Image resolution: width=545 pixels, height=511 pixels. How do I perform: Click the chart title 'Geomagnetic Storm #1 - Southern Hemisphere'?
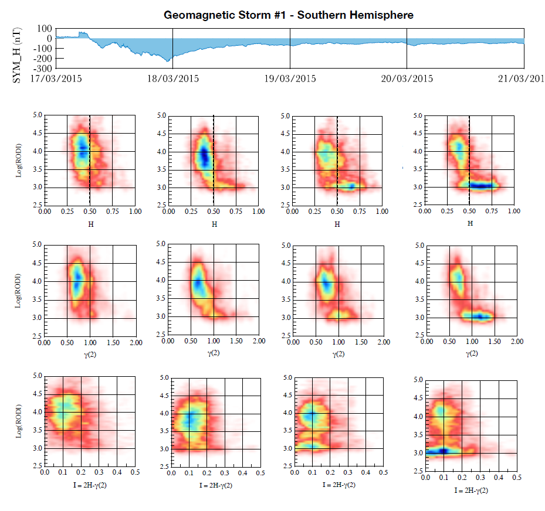(288, 15)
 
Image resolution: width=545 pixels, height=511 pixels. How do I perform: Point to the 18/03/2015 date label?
(173, 79)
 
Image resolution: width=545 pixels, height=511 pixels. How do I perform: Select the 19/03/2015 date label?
(290, 79)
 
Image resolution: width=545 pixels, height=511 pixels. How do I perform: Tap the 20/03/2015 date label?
(407, 79)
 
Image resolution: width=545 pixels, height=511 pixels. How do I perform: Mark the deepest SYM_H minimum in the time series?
(168, 60)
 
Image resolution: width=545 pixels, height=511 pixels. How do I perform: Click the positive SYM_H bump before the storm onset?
(83, 33)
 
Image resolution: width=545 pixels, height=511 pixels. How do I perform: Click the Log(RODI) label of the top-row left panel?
(19, 161)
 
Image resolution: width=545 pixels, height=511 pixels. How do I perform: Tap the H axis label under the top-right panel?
(469, 223)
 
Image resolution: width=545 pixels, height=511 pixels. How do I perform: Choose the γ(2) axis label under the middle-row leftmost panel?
(89, 353)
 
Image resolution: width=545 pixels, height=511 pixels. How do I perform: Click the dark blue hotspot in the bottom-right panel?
(443, 451)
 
